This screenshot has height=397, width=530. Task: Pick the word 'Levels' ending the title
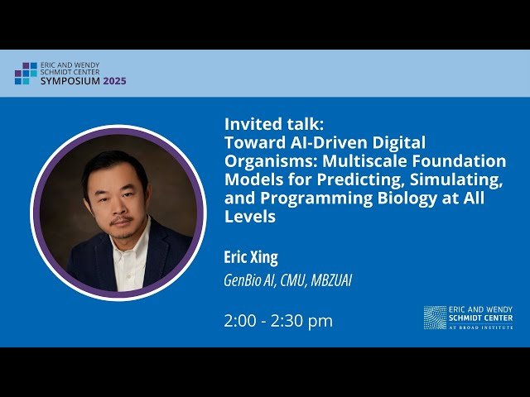249,218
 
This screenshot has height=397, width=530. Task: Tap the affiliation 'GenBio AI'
251,280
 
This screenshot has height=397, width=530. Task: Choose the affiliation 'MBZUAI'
331,280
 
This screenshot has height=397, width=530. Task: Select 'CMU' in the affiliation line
295,280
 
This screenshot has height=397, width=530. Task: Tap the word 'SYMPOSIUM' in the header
70,82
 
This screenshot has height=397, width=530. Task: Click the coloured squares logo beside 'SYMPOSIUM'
26,74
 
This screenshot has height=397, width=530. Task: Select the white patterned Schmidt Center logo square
435,317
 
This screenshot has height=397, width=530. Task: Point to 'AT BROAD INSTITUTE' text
481,328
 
